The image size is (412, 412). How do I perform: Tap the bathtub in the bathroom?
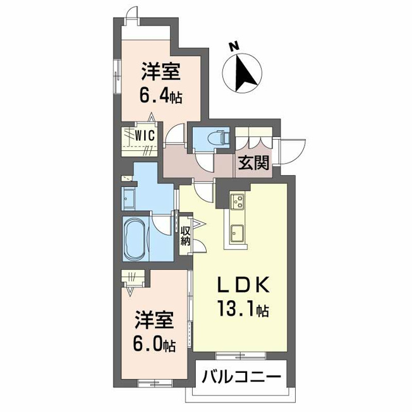click(x=136, y=238)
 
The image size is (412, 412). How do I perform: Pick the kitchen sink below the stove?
click(x=237, y=233)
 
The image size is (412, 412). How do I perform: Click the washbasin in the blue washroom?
click(x=128, y=198)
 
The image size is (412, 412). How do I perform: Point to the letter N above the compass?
click(x=234, y=46)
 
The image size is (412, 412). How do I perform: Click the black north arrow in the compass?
click(x=245, y=71)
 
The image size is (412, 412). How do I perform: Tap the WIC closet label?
click(x=145, y=136)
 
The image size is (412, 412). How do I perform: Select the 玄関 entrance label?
click(x=253, y=162)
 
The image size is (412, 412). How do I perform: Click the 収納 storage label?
click(x=185, y=236)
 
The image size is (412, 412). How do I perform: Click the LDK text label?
click(x=243, y=285)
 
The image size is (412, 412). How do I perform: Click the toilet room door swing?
click(x=205, y=162)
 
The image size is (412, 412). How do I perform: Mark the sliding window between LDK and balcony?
click(x=241, y=356)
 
